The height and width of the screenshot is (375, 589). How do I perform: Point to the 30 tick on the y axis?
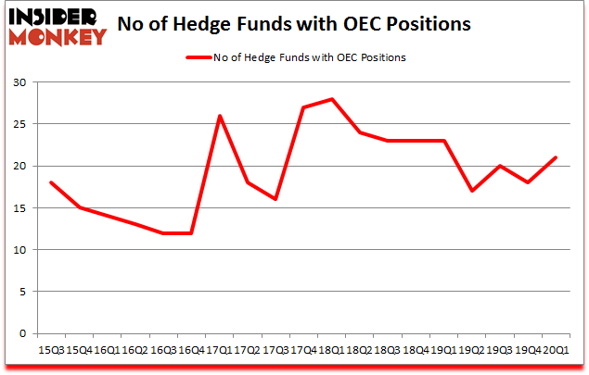[x=18, y=82]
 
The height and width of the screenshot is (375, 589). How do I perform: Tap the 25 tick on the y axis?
[x=18, y=124]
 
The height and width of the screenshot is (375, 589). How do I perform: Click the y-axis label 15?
[x=18, y=208]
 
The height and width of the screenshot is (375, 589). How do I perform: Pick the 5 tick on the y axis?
[x=21, y=292]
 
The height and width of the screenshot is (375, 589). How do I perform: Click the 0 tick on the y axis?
[x=21, y=333]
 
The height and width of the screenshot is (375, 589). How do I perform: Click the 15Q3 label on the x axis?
[x=50, y=350]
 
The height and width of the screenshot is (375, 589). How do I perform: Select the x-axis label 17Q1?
[x=219, y=350]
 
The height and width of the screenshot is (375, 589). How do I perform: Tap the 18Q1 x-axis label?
[x=331, y=350]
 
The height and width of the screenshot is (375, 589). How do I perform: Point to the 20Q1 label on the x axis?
[x=557, y=350]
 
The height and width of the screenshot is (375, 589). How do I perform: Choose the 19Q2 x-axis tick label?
[x=472, y=350]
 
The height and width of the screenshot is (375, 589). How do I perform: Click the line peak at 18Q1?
[x=331, y=99]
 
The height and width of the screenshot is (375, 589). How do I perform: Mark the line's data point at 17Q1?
[x=219, y=116]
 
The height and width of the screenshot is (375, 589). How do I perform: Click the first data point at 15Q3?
[x=50, y=183]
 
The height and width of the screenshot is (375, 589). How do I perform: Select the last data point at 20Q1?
[x=557, y=157]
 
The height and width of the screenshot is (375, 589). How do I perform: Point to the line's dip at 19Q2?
[x=472, y=191]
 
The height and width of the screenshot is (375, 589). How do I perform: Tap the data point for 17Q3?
[x=275, y=199]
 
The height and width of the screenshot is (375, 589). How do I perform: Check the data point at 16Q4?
[x=191, y=233]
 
